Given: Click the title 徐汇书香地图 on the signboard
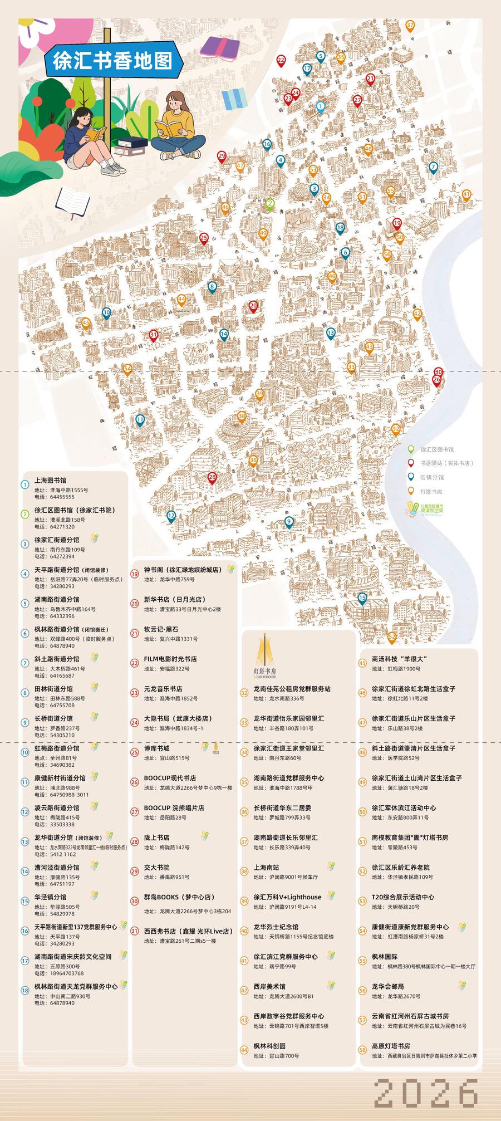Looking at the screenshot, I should [x=113, y=60].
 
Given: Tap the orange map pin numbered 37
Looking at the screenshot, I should [x=410, y=26].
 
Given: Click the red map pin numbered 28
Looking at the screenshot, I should [x=212, y=478].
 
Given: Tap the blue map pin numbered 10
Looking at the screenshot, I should [x=106, y=313].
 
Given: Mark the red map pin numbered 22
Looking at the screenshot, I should [x=281, y=60].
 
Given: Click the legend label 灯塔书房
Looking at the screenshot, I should [x=431, y=492].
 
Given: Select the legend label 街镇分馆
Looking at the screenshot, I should [x=431, y=477].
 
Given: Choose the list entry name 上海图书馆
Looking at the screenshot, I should [x=50, y=480].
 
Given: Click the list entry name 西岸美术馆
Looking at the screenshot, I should [x=269, y=986].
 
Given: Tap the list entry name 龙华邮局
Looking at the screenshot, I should [x=387, y=986].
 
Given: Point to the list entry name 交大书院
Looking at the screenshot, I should [x=156, y=867].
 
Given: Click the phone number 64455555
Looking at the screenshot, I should [x=62, y=497].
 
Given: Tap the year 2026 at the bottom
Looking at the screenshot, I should [x=426, y=1093].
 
